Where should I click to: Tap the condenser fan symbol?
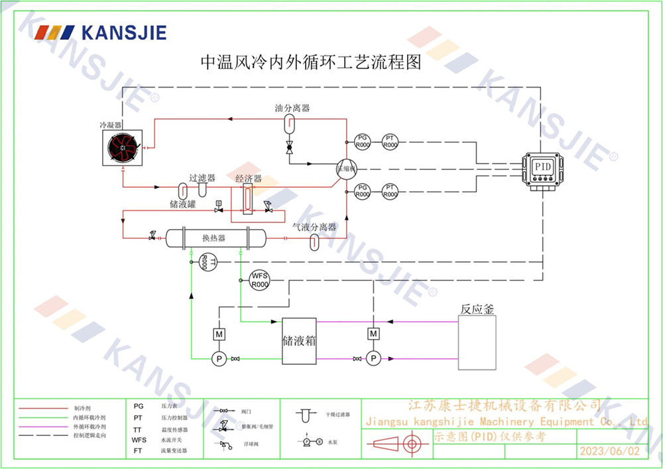click(123, 147)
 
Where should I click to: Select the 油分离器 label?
click(292, 107)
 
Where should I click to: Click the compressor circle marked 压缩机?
click(345, 167)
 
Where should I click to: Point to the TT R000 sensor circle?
click(205, 263)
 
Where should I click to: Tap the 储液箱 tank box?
click(299, 340)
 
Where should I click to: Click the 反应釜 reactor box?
click(477, 342)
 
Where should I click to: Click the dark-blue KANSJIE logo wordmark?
click(123, 33)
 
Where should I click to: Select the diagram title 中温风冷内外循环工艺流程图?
click(311, 64)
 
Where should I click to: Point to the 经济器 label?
click(249, 179)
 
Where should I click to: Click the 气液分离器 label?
click(314, 227)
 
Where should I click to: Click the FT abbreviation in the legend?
click(138, 450)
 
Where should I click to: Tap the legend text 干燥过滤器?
click(337, 414)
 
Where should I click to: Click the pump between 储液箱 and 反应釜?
click(373, 358)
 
